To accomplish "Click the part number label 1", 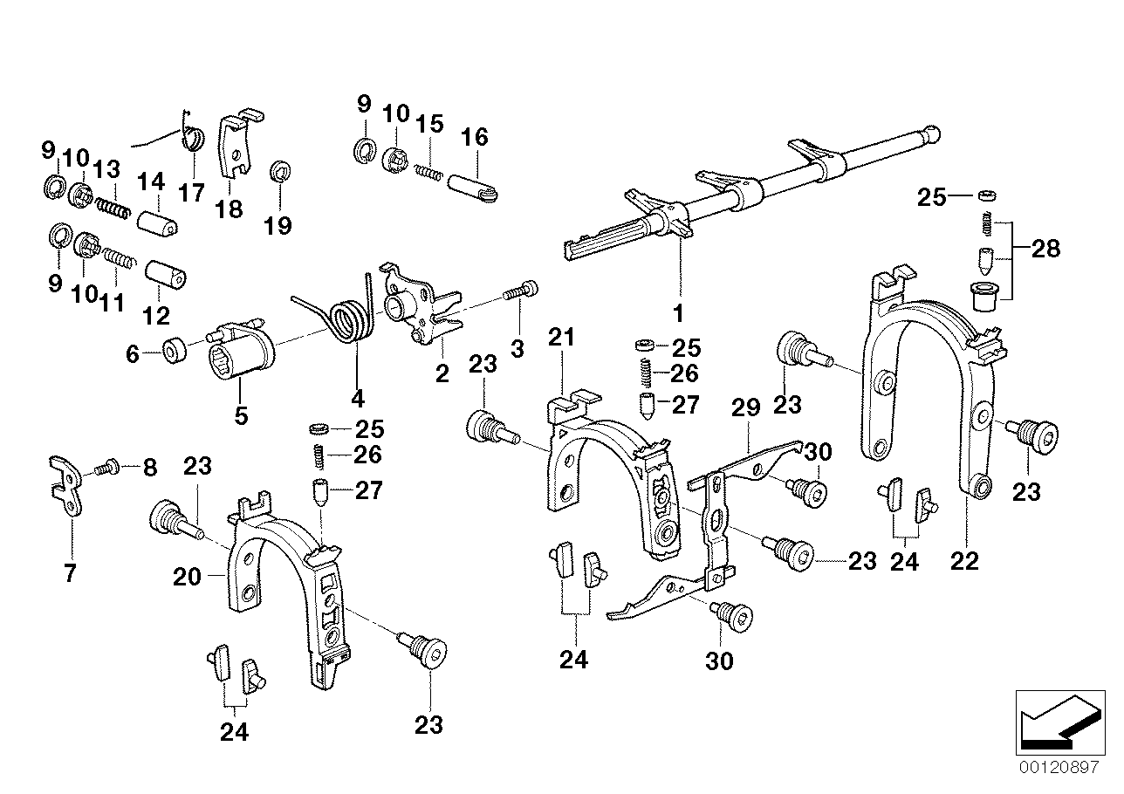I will (678, 311).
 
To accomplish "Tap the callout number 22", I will (965, 562).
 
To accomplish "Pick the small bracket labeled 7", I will (65, 489).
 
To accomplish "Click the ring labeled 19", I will (279, 170).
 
